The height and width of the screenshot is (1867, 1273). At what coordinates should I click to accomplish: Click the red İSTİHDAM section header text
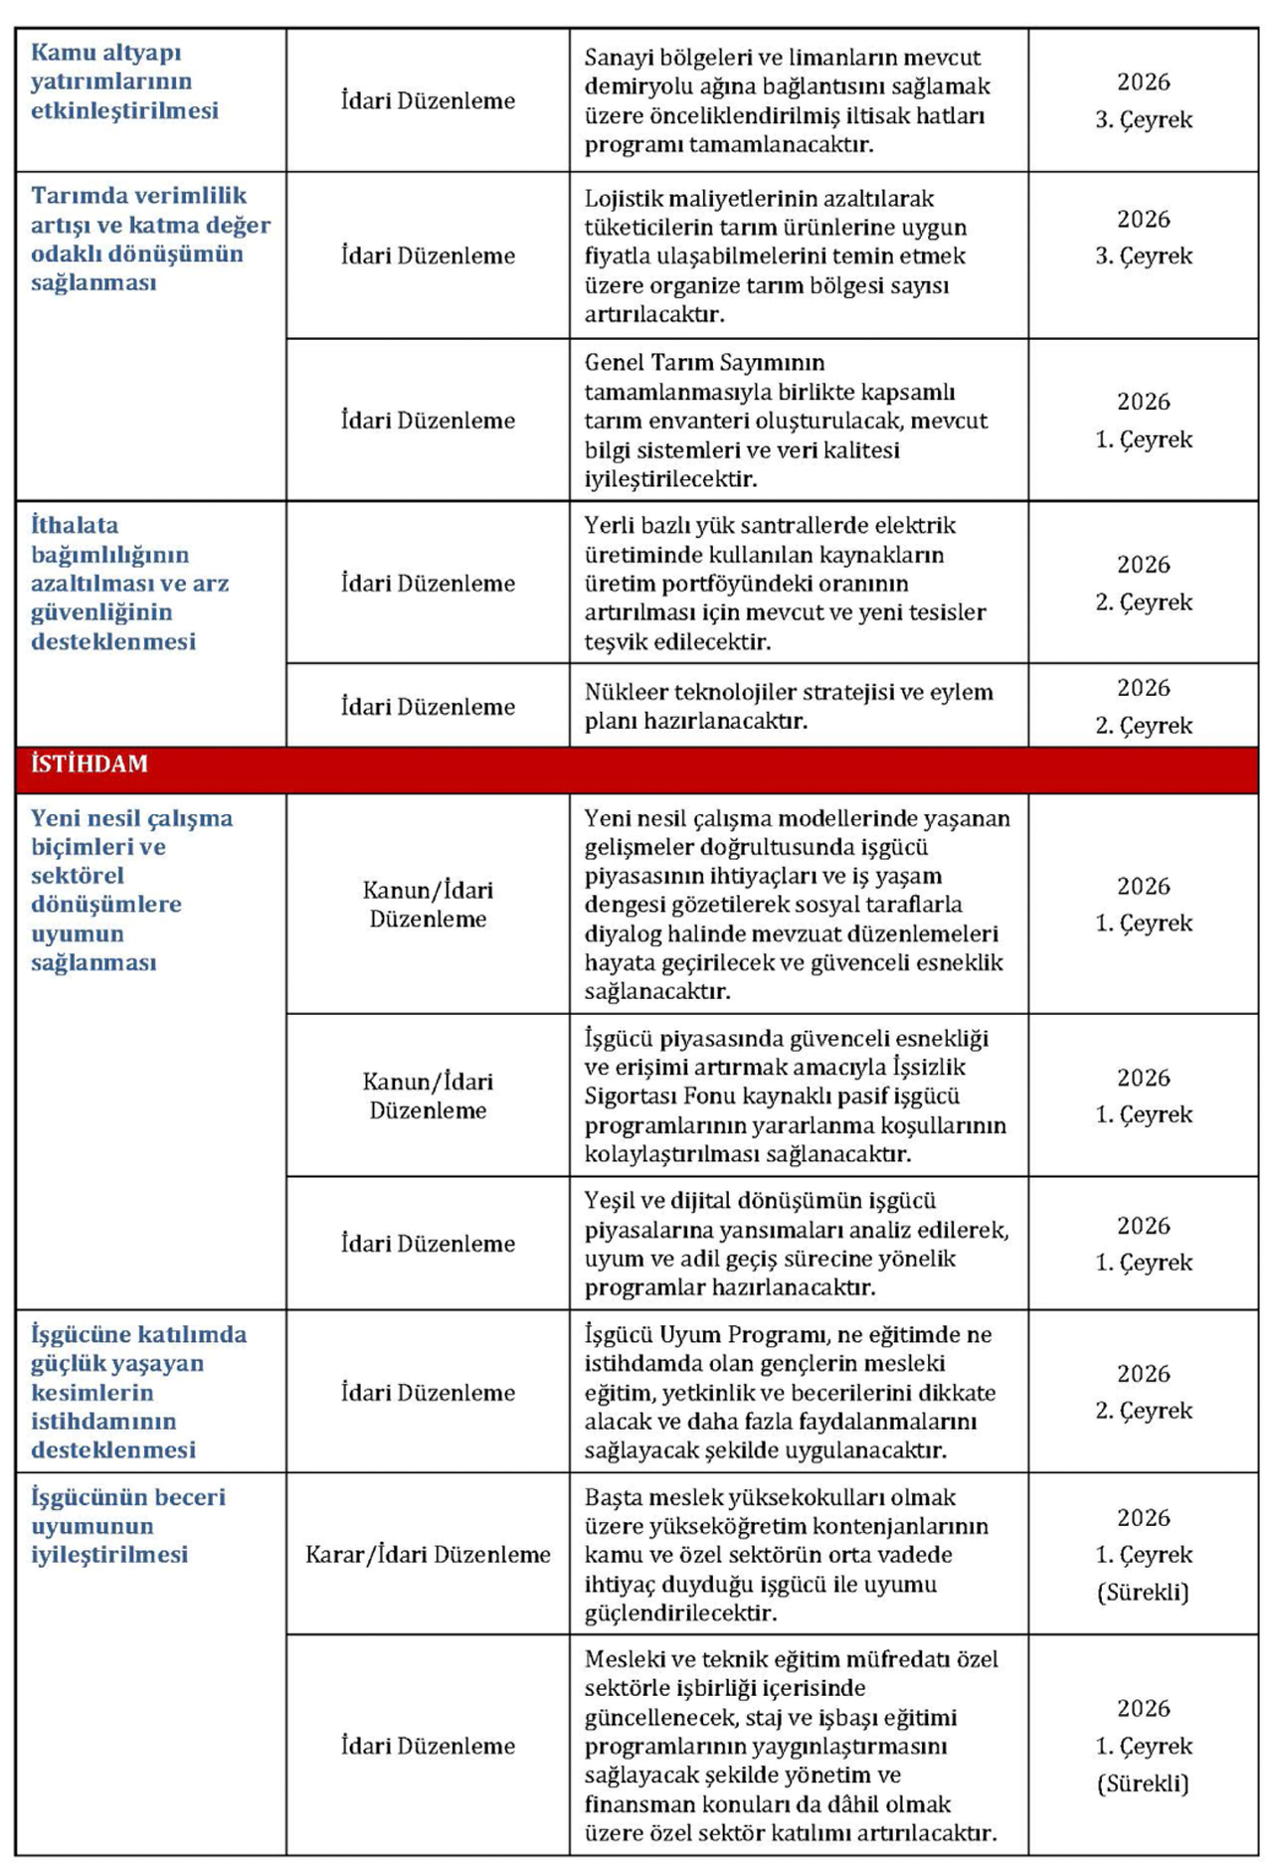point(90,764)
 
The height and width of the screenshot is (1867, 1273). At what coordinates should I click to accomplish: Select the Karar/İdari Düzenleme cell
point(428,1555)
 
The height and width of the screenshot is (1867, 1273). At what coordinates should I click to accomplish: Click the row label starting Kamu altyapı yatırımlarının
point(124,82)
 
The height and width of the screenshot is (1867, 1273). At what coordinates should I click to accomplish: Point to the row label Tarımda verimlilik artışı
point(149,239)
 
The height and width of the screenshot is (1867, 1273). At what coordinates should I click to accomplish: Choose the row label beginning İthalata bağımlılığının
point(129,583)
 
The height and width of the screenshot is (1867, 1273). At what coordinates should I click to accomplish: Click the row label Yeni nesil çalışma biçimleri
point(131,890)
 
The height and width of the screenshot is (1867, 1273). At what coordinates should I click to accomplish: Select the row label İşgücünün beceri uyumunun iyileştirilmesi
point(127,1525)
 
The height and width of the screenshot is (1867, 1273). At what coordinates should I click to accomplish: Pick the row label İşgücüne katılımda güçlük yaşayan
point(137,1391)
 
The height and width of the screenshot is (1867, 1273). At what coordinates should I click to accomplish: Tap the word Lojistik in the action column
point(620,199)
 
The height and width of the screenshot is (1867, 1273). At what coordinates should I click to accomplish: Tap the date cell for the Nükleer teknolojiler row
point(1143,706)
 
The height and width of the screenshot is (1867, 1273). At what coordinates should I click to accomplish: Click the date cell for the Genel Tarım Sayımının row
point(1143,420)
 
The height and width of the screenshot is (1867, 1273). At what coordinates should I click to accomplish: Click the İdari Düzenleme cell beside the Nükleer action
point(428,707)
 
